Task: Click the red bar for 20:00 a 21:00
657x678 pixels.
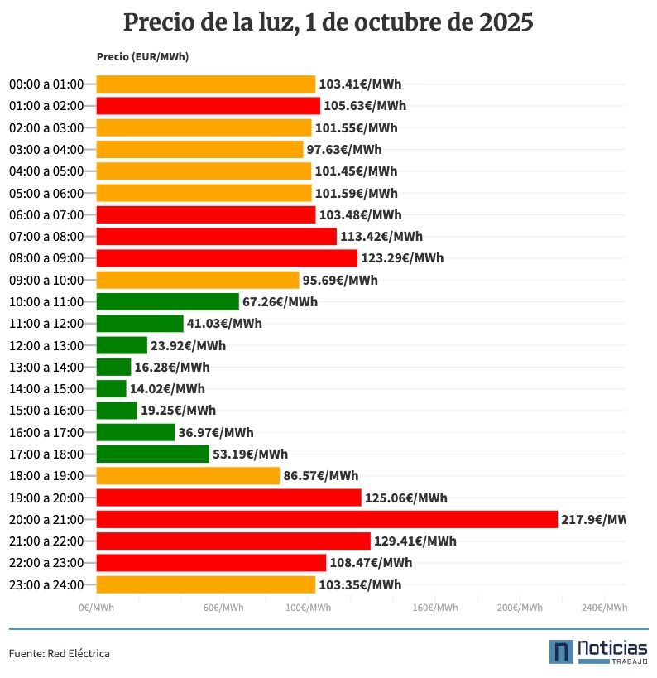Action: click(x=327, y=519)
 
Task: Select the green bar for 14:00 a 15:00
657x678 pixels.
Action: click(x=112, y=388)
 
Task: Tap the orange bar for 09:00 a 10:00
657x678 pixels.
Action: click(x=198, y=280)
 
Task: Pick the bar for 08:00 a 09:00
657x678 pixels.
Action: click(x=227, y=258)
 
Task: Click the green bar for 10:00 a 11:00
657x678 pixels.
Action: click(x=167, y=301)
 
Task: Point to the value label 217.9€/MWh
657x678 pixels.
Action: click(x=592, y=520)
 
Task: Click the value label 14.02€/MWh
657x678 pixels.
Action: click(x=167, y=389)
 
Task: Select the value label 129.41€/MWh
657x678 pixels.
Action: click(x=415, y=541)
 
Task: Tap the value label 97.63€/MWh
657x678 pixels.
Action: click(x=344, y=150)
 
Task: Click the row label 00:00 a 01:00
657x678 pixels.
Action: click(x=46, y=84)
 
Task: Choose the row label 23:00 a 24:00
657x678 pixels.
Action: click(x=46, y=585)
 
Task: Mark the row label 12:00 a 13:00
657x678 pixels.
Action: click(x=46, y=345)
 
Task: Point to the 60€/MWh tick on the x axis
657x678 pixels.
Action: click(x=223, y=608)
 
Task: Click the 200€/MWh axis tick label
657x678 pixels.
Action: click(x=520, y=608)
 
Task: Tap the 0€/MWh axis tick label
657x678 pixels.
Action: click(x=96, y=608)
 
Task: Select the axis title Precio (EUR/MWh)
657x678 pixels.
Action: click(x=142, y=57)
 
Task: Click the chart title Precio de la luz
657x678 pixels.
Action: click(x=328, y=22)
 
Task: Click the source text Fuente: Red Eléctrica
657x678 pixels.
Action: click(x=60, y=654)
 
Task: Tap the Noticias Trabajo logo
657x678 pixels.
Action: click(x=597, y=652)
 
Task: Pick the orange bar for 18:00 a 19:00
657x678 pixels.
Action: click(x=188, y=476)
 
